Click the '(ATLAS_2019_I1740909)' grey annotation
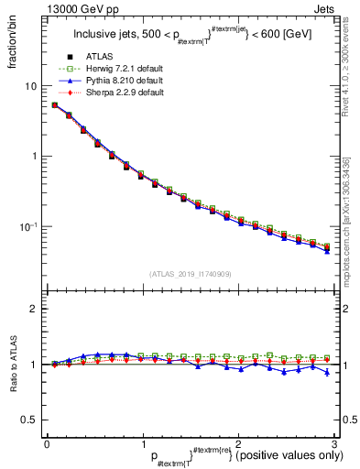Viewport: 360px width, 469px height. [190, 274]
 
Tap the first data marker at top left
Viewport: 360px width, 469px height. [55, 105]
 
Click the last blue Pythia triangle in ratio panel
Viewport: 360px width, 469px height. [327, 372]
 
